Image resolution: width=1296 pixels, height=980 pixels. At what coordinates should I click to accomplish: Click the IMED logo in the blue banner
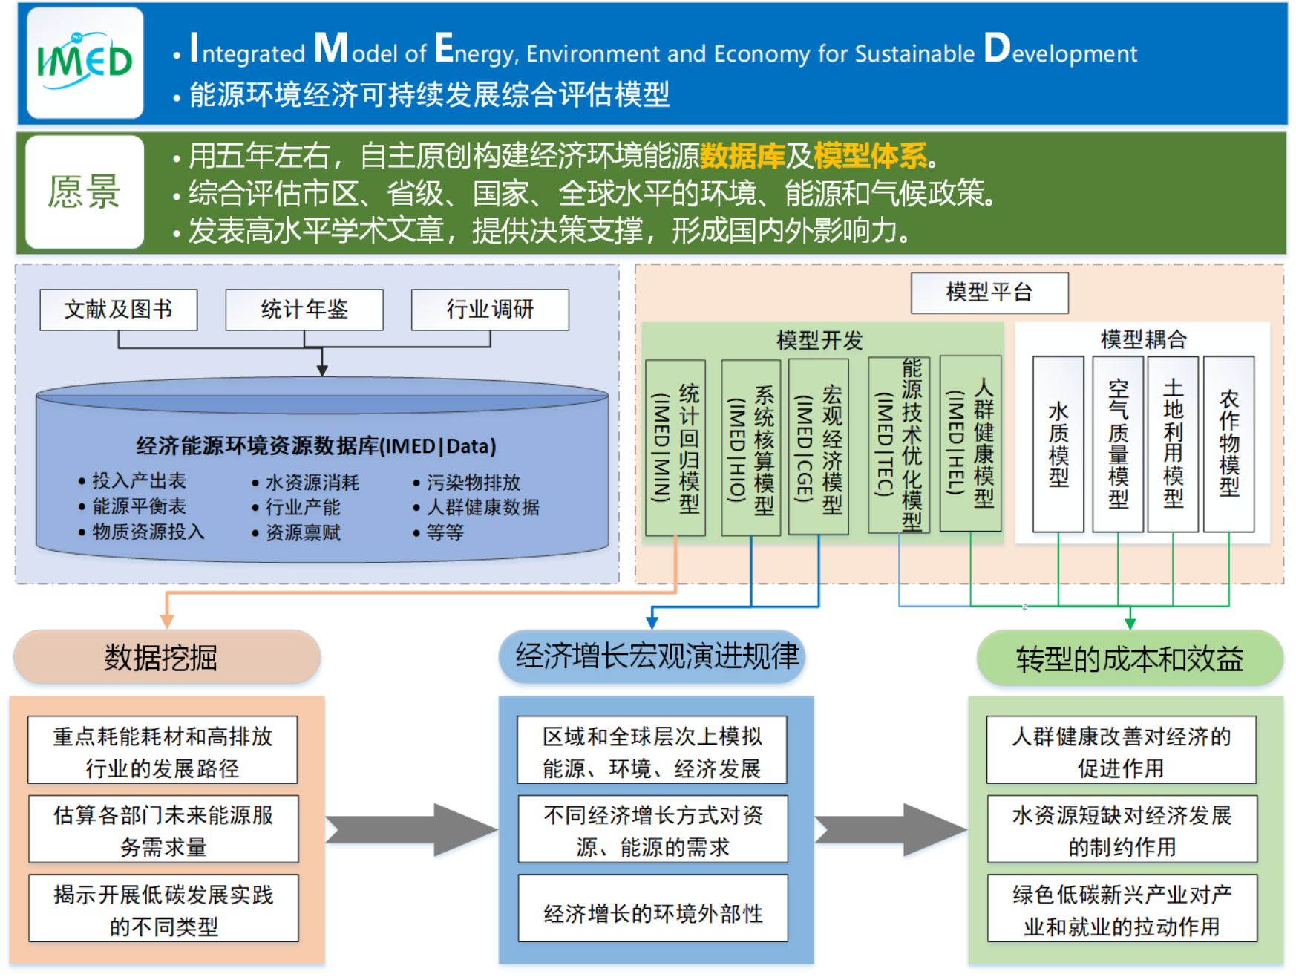(x=85, y=62)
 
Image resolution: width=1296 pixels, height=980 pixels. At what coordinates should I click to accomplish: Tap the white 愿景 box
(x=85, y=192)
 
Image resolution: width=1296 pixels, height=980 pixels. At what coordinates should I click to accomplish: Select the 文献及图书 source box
(x=119, y=310)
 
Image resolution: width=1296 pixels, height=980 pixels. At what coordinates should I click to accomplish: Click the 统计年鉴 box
(x=304, y=310)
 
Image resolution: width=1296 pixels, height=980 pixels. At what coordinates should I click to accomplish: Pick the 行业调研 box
(x=490, y=310)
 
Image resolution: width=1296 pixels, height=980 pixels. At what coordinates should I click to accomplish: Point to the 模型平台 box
(x=989, y=293)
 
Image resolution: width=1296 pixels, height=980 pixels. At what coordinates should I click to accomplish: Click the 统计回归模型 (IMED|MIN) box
(x=675, y=448)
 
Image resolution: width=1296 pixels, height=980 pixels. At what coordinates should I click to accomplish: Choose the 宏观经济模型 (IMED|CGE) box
(x=818, y=448)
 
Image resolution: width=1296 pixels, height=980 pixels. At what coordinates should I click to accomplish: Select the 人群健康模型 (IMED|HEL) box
(x=970, y=443)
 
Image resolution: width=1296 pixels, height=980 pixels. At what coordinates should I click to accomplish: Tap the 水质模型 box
(x=1058, y=444)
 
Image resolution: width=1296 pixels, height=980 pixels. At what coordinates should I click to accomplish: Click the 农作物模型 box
(x=1228, y=444)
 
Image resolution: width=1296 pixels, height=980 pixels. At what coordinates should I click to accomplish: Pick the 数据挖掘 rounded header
(x=167, y=657)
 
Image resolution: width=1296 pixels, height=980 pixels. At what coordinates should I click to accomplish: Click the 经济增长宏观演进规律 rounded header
(x=652, y=656)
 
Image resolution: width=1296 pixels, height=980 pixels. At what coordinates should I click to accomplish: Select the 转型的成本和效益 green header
(x=1129, y=659)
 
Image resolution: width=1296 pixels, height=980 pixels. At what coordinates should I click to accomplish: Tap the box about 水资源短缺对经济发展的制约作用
(x=1122, y=829)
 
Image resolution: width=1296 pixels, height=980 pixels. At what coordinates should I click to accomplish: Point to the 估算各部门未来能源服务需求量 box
(x=163, y=829)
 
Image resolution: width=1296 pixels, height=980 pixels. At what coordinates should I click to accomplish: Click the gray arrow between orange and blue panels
(x=412, y=829)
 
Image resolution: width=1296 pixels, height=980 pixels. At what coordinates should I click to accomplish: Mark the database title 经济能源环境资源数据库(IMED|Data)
(x=316, y=446)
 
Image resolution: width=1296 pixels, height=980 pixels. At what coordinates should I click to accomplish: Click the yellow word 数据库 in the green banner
(x=742, y=156)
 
